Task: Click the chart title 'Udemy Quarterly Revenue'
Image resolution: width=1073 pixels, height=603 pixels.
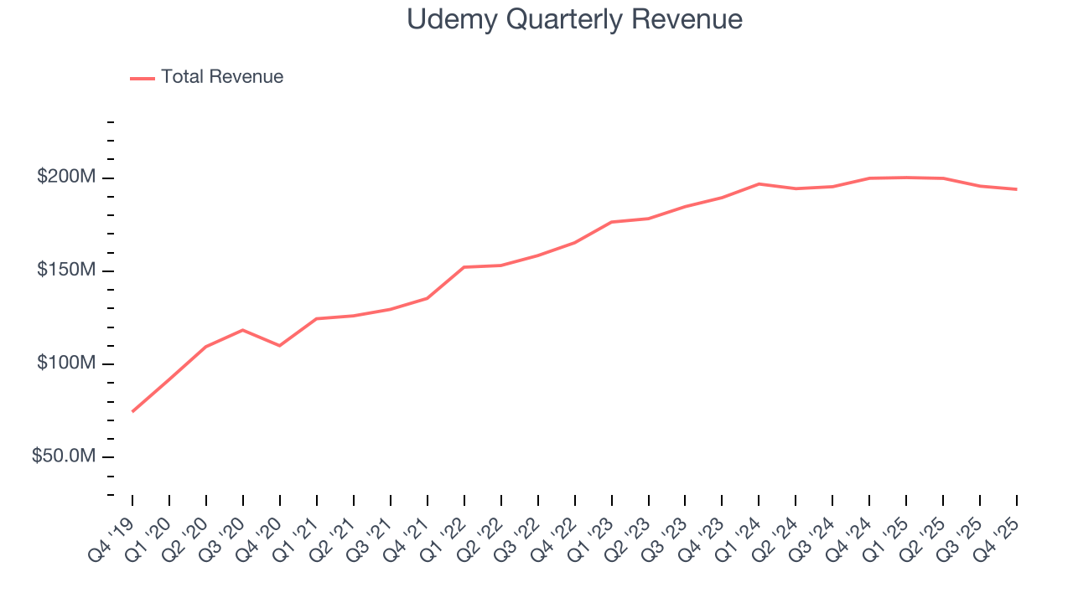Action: tap(574, 19)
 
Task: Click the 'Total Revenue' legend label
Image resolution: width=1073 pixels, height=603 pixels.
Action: tap(222, 77)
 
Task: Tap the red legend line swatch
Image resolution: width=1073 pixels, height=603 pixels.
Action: tap(143, 78)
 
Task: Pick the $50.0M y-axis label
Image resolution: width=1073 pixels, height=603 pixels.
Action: tap(63, 456)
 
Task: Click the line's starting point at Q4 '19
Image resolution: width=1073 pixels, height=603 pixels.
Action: tap(132, 411)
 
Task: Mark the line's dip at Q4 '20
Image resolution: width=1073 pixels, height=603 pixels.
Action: tap(279, 345)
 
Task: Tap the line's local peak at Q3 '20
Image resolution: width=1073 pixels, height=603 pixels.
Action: tap(242, 330)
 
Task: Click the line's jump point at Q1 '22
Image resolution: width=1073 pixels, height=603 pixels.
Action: tap(464, 267)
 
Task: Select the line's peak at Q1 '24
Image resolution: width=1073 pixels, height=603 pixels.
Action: tap(759, 183)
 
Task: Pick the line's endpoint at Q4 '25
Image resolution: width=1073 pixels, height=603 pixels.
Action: tap(1017, 189)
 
